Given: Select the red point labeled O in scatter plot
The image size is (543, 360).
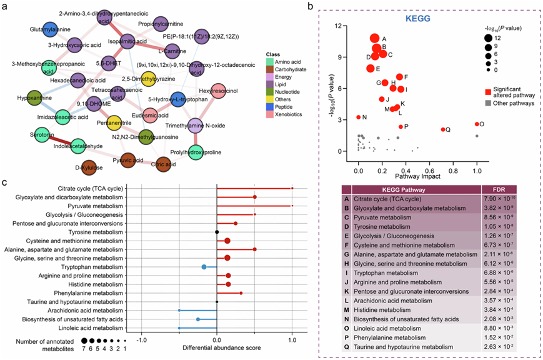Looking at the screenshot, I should pos(477,124).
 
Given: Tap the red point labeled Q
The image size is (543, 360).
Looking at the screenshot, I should pos(443,129).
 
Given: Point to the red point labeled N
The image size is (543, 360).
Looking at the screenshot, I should pos(359,117).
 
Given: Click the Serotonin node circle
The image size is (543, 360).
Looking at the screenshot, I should pos(39,135).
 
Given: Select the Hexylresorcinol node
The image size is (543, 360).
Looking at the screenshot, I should pos(218,91).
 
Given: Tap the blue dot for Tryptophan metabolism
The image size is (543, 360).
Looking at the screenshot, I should pos(204,267).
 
